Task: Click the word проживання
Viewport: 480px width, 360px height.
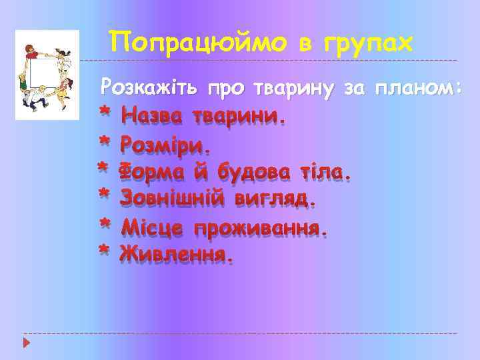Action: [x=260, y=227]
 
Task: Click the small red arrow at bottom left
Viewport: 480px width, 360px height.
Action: [x=26, y=343]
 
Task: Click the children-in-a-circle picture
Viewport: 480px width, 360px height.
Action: [x=47, y=75]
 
